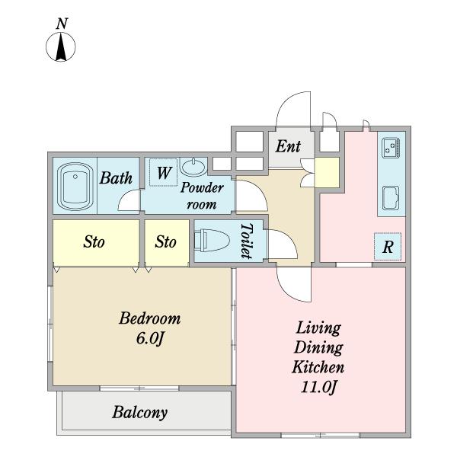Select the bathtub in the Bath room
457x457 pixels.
[x=75, y=186]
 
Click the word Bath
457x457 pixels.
[x=117, y=179]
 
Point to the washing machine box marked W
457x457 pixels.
[x=163, y=173]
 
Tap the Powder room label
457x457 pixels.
[x=201, y=196]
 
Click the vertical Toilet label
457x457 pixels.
[x=246, y=241]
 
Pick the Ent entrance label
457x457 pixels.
[x=288, y=146]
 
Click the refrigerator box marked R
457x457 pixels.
[x=388, y=247]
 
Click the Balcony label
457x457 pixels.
[x=139, y=413]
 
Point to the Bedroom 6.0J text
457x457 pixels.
[x=149, y=328]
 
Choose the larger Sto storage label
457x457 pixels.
[x=94, y=242]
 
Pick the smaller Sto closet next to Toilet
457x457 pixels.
[x=166, y=242]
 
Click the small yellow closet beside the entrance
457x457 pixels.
[x=328, y=171]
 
